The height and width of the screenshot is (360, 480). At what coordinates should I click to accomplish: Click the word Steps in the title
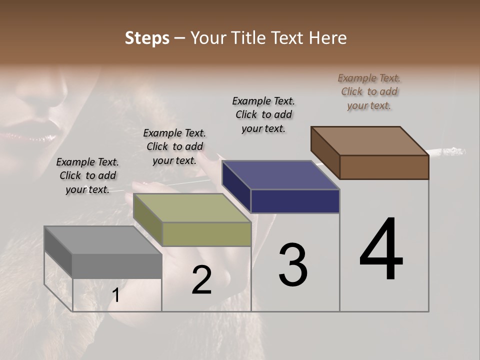tap(147, 38)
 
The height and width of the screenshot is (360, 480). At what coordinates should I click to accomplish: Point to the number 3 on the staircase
tap(293, 265)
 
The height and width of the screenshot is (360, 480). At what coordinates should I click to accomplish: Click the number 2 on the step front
tap(201, 280)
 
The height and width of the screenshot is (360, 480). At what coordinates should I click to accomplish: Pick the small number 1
tap(116, 295)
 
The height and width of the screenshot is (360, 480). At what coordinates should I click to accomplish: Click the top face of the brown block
tap(370, 140)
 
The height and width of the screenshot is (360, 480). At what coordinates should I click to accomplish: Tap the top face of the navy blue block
tap(280, 175)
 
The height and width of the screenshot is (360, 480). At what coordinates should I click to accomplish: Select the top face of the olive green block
tap(192, 208)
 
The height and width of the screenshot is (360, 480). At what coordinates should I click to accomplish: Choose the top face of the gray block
tap(103, 240)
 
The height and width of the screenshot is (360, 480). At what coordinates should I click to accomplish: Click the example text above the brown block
tap(369, 91)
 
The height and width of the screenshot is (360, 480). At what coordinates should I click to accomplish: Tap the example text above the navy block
tap(263, 114)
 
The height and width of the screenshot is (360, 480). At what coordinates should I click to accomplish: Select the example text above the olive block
tap(174, 146)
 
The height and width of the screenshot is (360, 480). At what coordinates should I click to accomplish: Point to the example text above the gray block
tap(87, 175)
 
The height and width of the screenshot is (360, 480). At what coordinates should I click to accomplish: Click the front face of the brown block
tap(384, 167)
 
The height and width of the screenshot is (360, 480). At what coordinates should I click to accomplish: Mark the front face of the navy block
tap(295, 201)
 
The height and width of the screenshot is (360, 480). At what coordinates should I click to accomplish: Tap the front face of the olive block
tap(206, 234)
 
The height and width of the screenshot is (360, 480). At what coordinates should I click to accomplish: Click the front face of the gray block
tap(117, 265)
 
